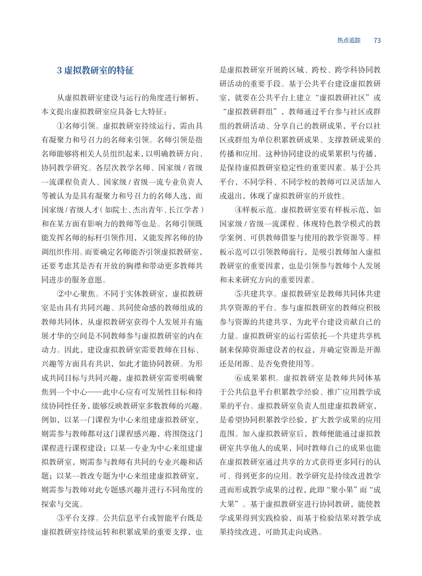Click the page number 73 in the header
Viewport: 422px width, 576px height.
tap(377, 40)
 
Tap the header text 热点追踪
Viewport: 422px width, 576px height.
tap(348, 40)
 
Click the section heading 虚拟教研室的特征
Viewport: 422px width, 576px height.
tap(99, 70)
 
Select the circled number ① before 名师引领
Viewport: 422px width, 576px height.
tap(61, 126)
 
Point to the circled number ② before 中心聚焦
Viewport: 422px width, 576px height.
tap(61, 294)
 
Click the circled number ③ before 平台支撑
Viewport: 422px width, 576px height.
tap(61, 518)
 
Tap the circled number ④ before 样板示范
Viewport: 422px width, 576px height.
tap(239, 210)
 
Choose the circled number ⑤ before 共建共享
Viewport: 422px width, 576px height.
tap(239, 294)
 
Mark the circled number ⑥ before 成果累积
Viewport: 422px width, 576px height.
tap(239, 378)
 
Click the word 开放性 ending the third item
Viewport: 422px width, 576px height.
tap(330, 196)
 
